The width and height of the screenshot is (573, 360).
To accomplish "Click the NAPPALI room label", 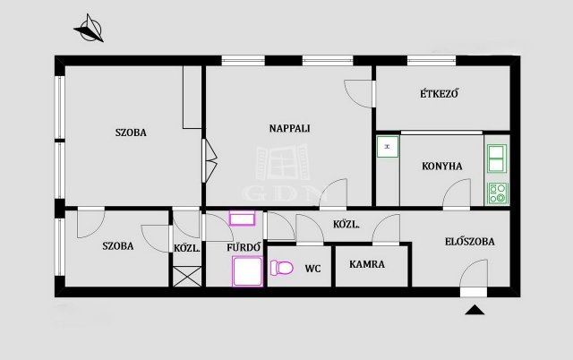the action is (289, 128).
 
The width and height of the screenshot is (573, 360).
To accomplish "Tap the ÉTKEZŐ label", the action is (439, 93).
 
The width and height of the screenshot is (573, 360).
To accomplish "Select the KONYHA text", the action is (441, 167).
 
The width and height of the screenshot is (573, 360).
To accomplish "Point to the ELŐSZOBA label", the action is (469, 241).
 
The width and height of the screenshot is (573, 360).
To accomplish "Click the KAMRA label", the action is (367, 264).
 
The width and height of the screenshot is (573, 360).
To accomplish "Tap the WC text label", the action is (312, 269).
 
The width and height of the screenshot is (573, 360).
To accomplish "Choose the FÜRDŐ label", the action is (244, 247).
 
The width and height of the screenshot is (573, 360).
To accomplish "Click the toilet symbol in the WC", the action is (282, 268).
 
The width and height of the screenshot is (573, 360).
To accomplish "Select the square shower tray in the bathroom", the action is (247, 271).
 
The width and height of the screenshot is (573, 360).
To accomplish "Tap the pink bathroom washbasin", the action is (242, 219).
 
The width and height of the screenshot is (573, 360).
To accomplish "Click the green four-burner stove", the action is (498, 193).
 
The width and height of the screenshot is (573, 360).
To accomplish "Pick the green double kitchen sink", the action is (497, 159).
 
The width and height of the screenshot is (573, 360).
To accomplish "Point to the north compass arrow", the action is (90, 29).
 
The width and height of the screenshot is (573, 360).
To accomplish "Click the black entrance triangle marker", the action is (475, 310).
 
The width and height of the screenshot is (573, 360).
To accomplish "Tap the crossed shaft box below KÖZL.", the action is (187, 277).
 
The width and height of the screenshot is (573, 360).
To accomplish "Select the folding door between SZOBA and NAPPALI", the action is (210, 160).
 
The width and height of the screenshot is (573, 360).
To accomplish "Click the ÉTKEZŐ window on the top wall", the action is (432, 60).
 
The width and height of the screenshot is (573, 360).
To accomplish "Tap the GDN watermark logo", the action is (283, 173).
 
